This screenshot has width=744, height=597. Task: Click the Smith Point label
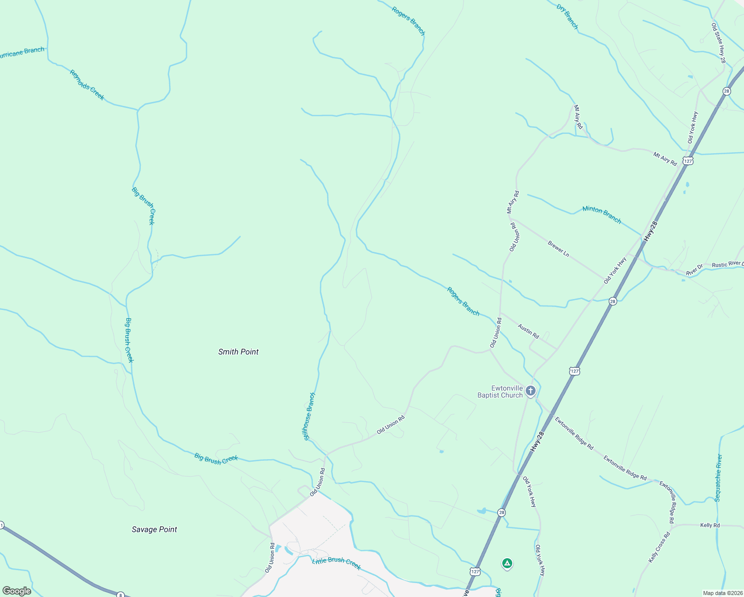tap(238, 352)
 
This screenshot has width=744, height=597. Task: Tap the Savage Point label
tap(154, 529)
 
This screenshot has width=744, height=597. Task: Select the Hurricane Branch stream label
tap(21, 52)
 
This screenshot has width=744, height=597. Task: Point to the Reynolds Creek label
tap(87, 85)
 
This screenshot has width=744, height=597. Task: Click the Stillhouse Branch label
tap(309, 416)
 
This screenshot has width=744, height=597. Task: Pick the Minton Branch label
tap(602, 214)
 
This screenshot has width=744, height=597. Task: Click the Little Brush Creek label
tap(336, 563)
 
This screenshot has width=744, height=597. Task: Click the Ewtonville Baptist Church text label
tap(500, 392)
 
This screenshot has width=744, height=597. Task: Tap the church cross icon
tap(530, 391)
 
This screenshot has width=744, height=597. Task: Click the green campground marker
tap(507, 564)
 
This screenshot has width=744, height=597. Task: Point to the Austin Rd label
tap(528, 331)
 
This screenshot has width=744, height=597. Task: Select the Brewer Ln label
tap(558, 249)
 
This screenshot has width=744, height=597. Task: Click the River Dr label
tap(694, 270)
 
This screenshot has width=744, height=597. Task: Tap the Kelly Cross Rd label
tap(659, 547)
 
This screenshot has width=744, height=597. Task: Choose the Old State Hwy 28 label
tap(719, 43)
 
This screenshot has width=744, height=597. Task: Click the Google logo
tap(16, 591)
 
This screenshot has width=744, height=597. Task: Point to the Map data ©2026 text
tap(723, 593)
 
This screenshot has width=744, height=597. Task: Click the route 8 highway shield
tap(120, 595)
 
